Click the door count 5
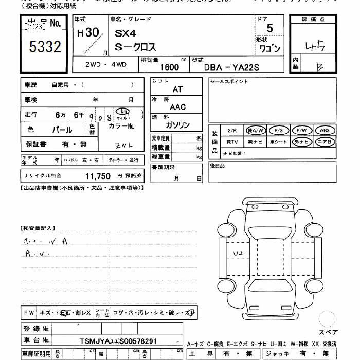click(270, 30)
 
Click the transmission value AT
click(177, 89)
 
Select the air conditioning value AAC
click(177, 107)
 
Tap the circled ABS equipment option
click(324, 131)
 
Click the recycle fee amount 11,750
click(98, 176)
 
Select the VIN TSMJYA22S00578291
click(118, 341)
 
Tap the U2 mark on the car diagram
click(238, 254)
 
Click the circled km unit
click(123, 111)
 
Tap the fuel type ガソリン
click(177, 125)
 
